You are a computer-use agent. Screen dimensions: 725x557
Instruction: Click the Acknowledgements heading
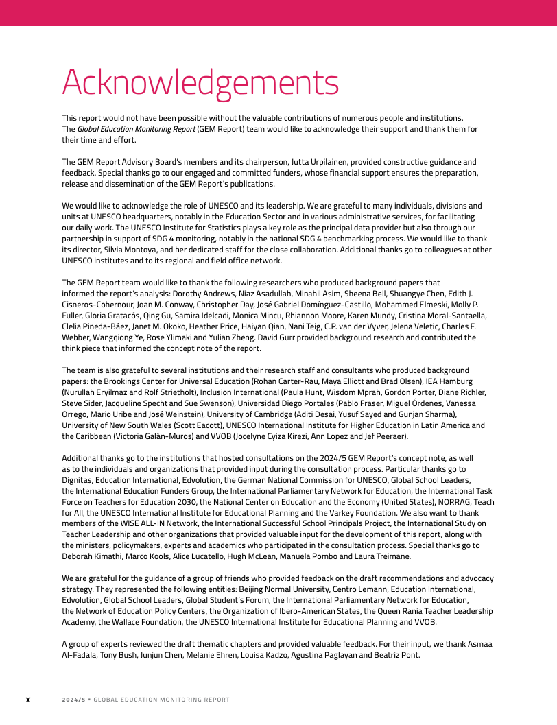click(x=200, y=83)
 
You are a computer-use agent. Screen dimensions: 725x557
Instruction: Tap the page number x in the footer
click(x=28, y=700)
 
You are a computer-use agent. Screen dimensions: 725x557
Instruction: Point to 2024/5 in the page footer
click(x=73, y=700)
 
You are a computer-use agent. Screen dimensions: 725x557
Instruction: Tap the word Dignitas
click(x=77, y=480)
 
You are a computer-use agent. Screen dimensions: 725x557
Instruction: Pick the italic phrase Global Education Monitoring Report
click(x=136, y=129)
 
